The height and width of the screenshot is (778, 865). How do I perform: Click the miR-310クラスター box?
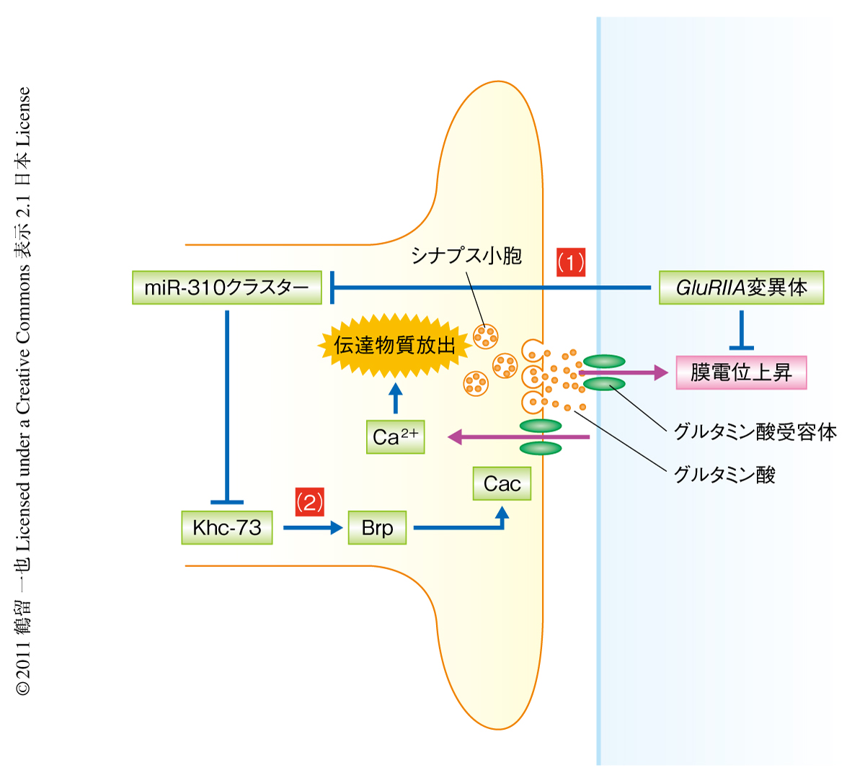tap(226, 288)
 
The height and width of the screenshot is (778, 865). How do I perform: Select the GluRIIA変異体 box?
tap(741, 288)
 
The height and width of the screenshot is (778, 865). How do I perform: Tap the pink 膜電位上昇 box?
tap(741, 372)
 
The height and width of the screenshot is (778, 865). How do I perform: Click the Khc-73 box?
tap(226, 527)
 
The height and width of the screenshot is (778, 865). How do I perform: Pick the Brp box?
tap(377, 527)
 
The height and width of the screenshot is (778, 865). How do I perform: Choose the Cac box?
tap(502, 483)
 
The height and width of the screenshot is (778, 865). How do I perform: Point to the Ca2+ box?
tap(395, 437)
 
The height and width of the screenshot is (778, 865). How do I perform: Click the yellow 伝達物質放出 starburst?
tap(395, 345)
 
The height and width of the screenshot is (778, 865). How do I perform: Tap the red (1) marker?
tap(571, 262)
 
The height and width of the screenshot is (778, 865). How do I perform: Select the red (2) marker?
tap(309, 501)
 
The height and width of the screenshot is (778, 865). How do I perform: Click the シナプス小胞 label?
tap(466, 256)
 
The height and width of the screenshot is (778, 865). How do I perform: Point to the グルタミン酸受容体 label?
tap(755, 432)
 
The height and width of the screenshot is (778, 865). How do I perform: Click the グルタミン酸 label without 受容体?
tap(724, 474)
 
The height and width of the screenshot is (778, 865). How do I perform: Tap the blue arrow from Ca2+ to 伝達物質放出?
tap(395, 398)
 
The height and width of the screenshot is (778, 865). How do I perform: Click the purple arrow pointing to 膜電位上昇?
tap(627, 372)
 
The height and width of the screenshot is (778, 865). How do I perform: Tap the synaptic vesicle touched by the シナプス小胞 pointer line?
tap(485, 335)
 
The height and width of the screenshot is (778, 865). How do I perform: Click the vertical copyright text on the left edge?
tap(23, 389)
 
